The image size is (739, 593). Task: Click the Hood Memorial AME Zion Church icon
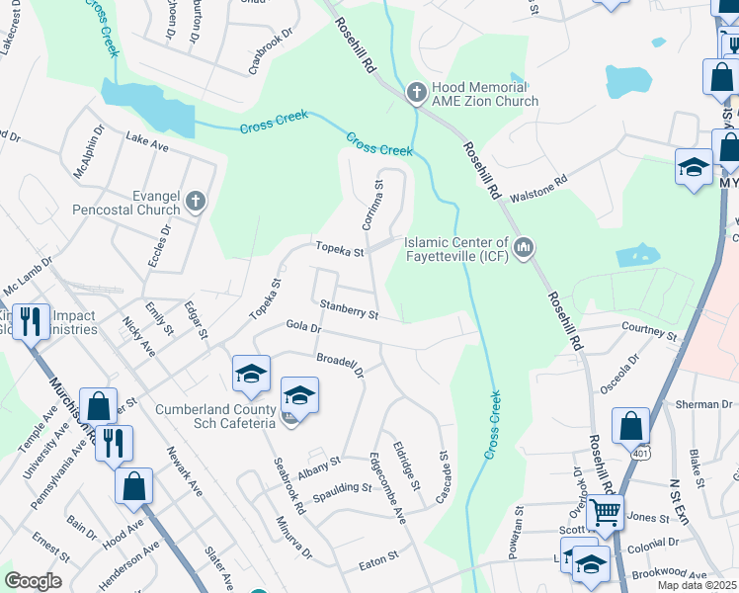tap(417, 92)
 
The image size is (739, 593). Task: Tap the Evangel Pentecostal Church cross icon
tap(196, 202)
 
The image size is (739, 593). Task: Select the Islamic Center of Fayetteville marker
tap(524, 245)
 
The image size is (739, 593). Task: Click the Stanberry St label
tap(349, 313)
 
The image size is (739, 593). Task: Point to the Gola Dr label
tap(304, 326)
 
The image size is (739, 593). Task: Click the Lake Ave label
tap(147, 144)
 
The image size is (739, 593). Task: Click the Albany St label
tap(318, 466)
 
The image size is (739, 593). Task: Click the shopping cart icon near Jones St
tap(605, 512)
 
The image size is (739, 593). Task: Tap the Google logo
tap(33, 581)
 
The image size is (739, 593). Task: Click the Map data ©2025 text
tap(698, 585)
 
